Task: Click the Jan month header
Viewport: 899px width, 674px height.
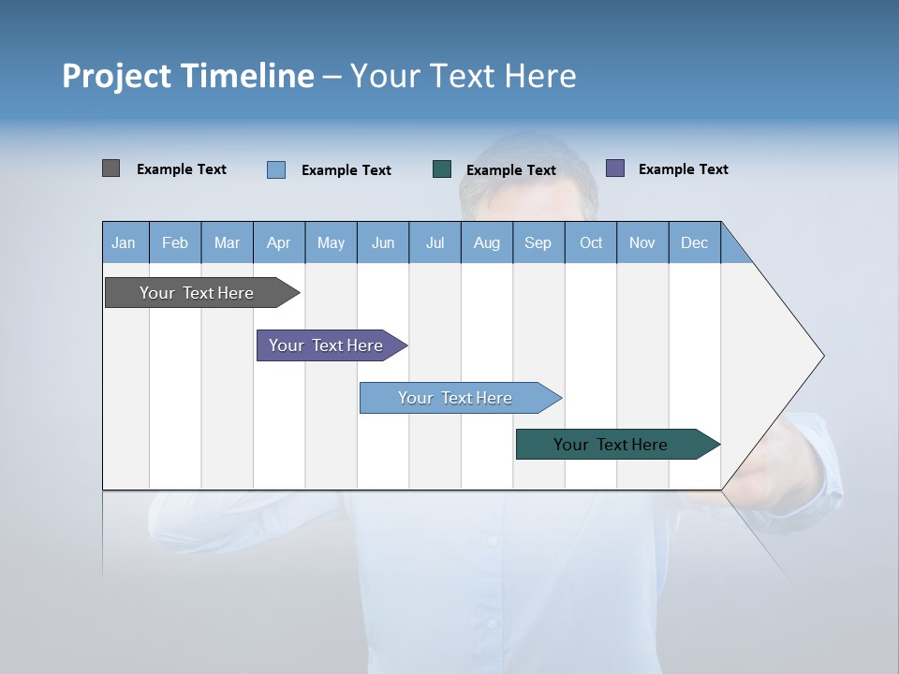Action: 125,242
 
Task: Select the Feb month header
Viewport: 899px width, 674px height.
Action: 175,242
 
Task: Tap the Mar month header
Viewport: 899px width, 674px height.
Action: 227,242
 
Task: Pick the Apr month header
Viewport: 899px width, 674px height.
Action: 279,242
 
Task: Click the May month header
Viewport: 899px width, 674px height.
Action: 331,242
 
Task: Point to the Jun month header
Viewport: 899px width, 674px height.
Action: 383,242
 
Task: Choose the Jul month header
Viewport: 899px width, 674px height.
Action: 435,242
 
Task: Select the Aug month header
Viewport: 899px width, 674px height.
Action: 487,242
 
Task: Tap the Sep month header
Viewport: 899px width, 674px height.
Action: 538,242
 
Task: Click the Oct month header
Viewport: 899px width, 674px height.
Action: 591,242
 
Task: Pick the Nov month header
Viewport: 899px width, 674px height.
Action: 642,242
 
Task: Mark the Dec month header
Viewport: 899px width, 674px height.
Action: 695,242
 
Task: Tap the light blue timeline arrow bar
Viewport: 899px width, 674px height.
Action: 456,398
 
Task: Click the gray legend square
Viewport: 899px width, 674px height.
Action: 111,168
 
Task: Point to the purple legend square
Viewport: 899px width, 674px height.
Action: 615,168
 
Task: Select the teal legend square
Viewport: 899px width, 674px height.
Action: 442,168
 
